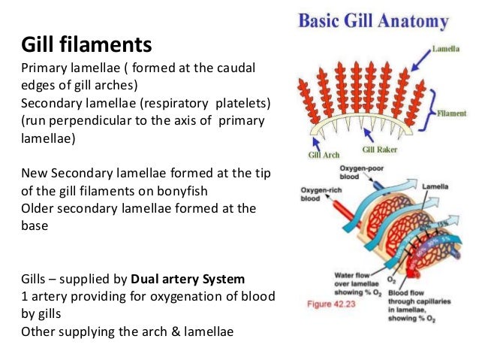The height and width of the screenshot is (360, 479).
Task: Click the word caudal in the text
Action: point(235,68)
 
